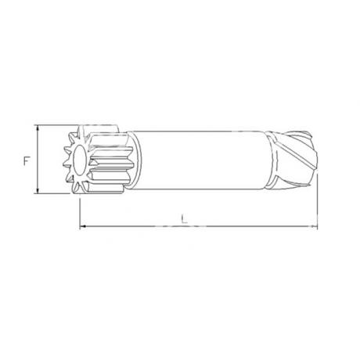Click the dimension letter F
(x=27, y=160)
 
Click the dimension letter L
(x=185, y=218)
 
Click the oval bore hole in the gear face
(x=79, y=160)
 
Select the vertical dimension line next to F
(x=38, y=160)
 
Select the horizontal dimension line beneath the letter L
(x=199, y=226)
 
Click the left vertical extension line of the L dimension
(x=80, y=214)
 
